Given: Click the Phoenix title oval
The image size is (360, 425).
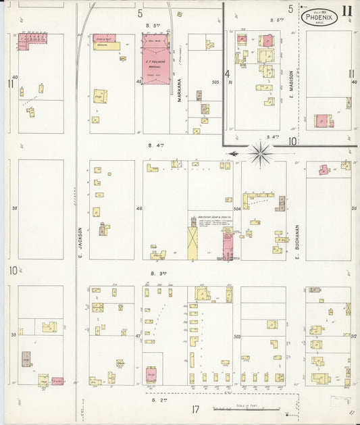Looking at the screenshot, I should [319, 17].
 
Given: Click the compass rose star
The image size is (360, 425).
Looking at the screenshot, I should [260, 154].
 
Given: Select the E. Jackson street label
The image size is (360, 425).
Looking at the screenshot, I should [79, 241].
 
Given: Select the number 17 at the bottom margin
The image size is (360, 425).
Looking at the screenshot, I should [195, 409].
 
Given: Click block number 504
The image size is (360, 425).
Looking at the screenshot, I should [236, 209].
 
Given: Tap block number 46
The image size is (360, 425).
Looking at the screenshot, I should [139, 209].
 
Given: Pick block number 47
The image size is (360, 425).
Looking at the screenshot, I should [138, 335].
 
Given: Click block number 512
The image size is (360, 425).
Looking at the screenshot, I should [354, 335].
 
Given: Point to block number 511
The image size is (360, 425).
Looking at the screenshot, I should [354, 209].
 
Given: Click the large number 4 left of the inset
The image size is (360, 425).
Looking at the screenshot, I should [228, 74].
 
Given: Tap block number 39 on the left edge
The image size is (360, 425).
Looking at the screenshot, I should [13, 209].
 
